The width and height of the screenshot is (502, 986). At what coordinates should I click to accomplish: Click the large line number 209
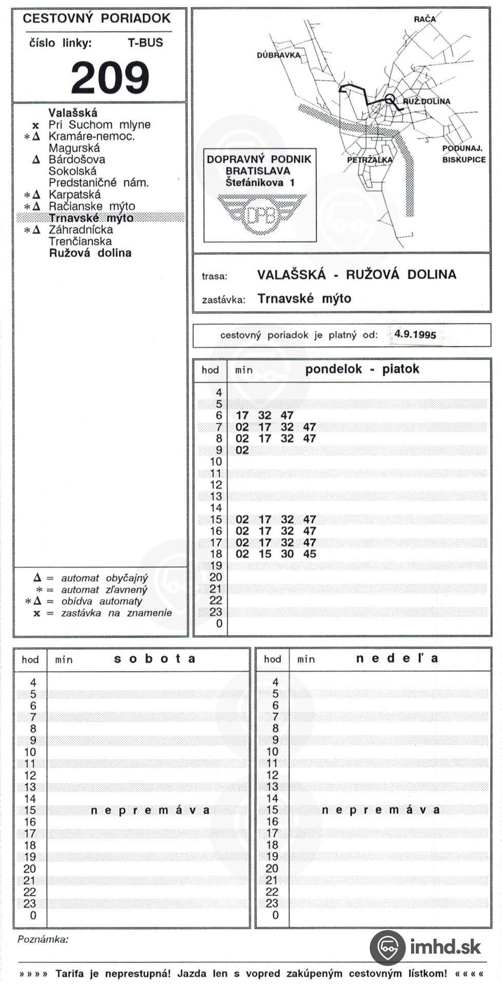(x=110, y=78)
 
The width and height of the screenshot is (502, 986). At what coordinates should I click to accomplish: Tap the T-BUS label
(x=145, y=43)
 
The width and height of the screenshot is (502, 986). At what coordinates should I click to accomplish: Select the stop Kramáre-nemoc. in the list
(x=91, y=137)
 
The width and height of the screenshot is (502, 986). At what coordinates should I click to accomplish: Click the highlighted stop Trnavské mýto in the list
(x=91, y=218)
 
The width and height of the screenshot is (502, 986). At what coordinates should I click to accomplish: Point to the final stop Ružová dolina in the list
(x=90, y=253)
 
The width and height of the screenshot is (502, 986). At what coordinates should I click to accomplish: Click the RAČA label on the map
(x=424, y=19)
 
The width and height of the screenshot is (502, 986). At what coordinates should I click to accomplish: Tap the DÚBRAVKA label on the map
(x=278, y=55)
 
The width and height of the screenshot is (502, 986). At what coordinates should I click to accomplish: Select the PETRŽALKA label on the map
(x=370, y=160)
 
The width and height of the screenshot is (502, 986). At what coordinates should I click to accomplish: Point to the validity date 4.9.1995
(x=415, y=335)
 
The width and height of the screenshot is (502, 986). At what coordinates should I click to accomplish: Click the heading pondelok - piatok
(x=362, y=369)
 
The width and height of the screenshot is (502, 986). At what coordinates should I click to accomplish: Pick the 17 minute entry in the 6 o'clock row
(x=242, y=415)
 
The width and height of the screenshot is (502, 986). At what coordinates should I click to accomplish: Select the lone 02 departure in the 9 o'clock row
(x=242, y=450)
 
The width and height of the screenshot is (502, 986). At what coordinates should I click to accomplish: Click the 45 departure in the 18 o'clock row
(x=310, y=554)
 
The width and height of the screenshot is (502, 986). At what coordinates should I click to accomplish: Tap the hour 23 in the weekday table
(x=216, y=612)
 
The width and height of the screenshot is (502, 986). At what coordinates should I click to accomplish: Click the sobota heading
(x=155, y=659)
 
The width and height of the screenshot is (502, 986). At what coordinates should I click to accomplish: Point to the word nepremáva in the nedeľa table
(x=380, y=810)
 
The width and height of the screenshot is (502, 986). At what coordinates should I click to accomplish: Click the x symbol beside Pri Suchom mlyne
(x=35, y=125)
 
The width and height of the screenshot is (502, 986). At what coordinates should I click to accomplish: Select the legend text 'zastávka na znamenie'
(x=117, y=613)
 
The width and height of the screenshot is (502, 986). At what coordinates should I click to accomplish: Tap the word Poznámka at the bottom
(x=43, y=939)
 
